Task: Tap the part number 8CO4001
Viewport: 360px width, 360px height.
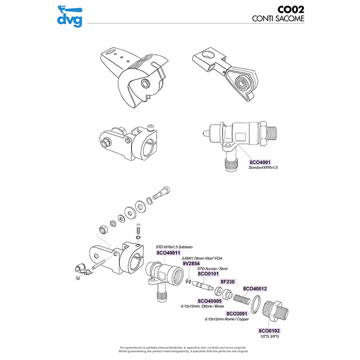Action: click(x=260, y=162)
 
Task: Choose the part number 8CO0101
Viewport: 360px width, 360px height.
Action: click(x=208, y=273)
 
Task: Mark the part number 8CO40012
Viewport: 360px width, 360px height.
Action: click(x=255, y=288)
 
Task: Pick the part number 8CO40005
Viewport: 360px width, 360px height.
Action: click(x=209, y=301)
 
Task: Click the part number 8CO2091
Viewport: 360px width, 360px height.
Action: click(x=238, y=313)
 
